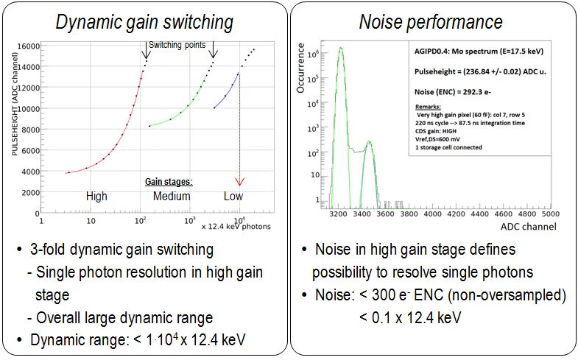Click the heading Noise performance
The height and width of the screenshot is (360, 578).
[431, 22]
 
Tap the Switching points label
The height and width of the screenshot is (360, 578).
[178, 45]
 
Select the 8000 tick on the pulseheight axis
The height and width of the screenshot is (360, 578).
[29, 130]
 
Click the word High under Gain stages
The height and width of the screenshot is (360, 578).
[96, 196]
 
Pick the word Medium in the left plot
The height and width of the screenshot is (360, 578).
[172, 196]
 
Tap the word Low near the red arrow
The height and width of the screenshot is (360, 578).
[233, 196]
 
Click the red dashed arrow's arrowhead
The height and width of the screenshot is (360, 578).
[239, 181]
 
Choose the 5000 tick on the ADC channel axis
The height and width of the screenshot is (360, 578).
[549, 214]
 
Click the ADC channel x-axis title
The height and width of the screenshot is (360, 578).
[529, 227]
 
